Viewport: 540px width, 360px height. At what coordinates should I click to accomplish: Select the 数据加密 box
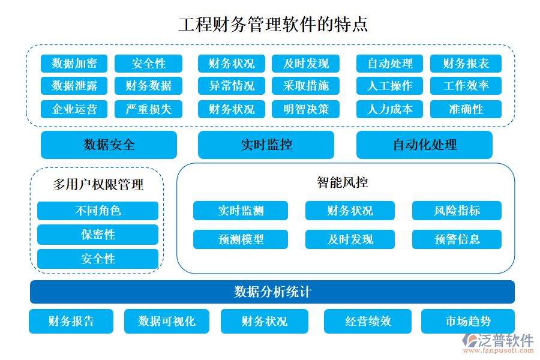click(74, 64)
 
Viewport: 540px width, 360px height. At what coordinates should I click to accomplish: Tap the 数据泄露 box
click(74, 86)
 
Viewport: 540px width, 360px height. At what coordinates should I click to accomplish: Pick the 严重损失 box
click(148, 109)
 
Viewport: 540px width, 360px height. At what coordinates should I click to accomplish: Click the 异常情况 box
click(232, 86)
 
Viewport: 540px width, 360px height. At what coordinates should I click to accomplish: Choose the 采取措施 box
click(306, 86)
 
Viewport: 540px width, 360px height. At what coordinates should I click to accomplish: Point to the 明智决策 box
click(306, 109)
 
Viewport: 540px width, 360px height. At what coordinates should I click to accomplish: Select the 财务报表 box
click(466, 64)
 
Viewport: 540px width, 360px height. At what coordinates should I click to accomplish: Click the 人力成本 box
click(390, 109)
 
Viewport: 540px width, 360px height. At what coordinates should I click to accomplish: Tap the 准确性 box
click(466, 109)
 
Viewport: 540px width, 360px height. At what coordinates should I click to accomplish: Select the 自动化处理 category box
click(424, 145)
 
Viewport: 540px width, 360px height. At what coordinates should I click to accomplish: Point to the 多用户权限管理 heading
click(98, 185)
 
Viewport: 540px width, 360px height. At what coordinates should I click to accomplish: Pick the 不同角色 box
click(98, 211)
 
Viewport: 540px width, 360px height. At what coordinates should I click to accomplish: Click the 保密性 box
click(98, 235)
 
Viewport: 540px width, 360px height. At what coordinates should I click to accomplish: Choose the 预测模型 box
click(241, 239)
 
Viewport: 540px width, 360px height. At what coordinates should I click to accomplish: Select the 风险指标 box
click(457, 211)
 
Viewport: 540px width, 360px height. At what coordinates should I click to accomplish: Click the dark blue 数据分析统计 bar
click(272, 292)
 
